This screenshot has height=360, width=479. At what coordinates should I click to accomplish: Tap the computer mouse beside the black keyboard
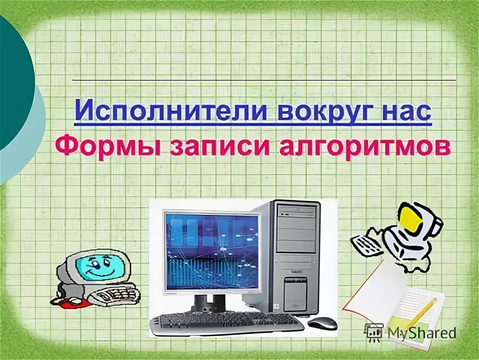[323, 323]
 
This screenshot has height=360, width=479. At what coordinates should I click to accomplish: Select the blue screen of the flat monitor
[212, 250]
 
